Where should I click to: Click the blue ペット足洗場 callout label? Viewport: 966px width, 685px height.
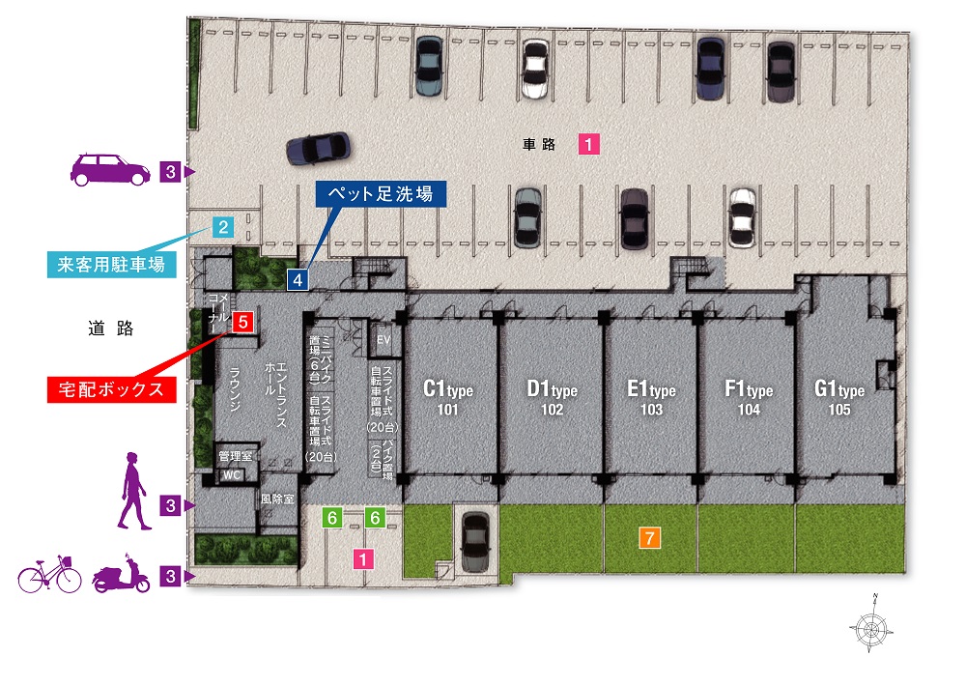tap(381, 194)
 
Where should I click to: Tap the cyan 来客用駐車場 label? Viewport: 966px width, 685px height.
tap(111, 265)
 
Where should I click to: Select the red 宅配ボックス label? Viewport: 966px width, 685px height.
tap(111, 389)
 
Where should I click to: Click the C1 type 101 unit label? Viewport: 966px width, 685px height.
tap(448, 398)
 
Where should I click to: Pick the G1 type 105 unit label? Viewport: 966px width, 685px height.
tap(839, 398)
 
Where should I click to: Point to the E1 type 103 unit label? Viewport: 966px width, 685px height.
tap(651, 398)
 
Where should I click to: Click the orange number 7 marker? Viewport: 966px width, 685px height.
tap(649, 538)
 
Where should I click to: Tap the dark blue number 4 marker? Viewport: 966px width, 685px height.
tap(298, 279)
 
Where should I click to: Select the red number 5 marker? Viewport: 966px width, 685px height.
tap(243, 322)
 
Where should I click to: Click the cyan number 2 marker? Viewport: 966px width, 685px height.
tap(223, 227)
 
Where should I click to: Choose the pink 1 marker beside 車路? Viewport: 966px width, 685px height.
tap(588, 144)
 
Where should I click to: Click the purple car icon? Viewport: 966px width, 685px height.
tap(110, 169)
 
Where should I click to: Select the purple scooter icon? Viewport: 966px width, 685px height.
tap(122, 574)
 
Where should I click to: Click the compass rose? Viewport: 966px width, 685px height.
tap(871, 628)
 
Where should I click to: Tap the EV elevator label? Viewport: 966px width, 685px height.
tap(384, 339)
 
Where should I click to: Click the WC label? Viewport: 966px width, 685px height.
tap(232, 475)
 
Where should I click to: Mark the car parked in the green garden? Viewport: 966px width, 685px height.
tap(475, 542)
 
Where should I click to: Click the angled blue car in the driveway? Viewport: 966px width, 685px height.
tap(318, 149)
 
